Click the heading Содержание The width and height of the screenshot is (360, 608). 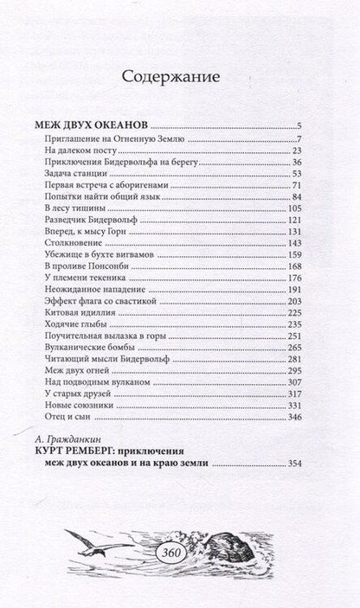tap(179, 76)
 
